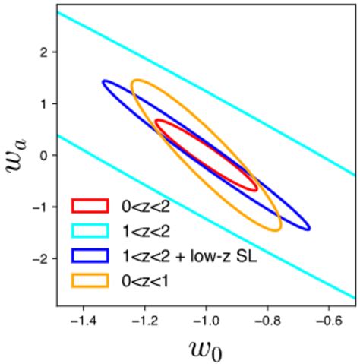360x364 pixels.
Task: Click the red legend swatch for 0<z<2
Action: pos(87,204)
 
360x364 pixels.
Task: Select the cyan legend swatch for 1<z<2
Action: pos(87,231)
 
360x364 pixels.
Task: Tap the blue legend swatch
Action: pos(87,257)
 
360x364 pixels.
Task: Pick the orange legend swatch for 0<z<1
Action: pos(87,282)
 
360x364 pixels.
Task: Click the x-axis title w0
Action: pos(207,347)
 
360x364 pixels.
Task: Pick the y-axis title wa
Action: pos(17,157)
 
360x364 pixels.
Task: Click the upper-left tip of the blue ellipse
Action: pos(104,82)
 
